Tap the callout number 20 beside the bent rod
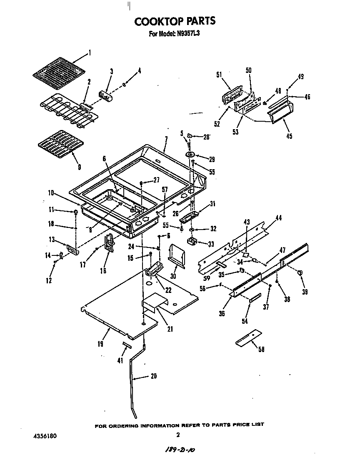pyautogui.click(x=153, y=376)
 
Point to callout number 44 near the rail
pyautogui.click(x=278, y=217)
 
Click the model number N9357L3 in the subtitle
pyautogui.click(x=186, y=34)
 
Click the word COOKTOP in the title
pyautogui.click(x=156, y=21)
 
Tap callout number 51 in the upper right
pyautogui.click(x=219, y=75)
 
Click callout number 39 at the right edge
pyautogui.click(x=305, y=292)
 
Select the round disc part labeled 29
pyautogui.click(x=192, y=155)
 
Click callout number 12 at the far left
pyautogui.click(x=49, y=280)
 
